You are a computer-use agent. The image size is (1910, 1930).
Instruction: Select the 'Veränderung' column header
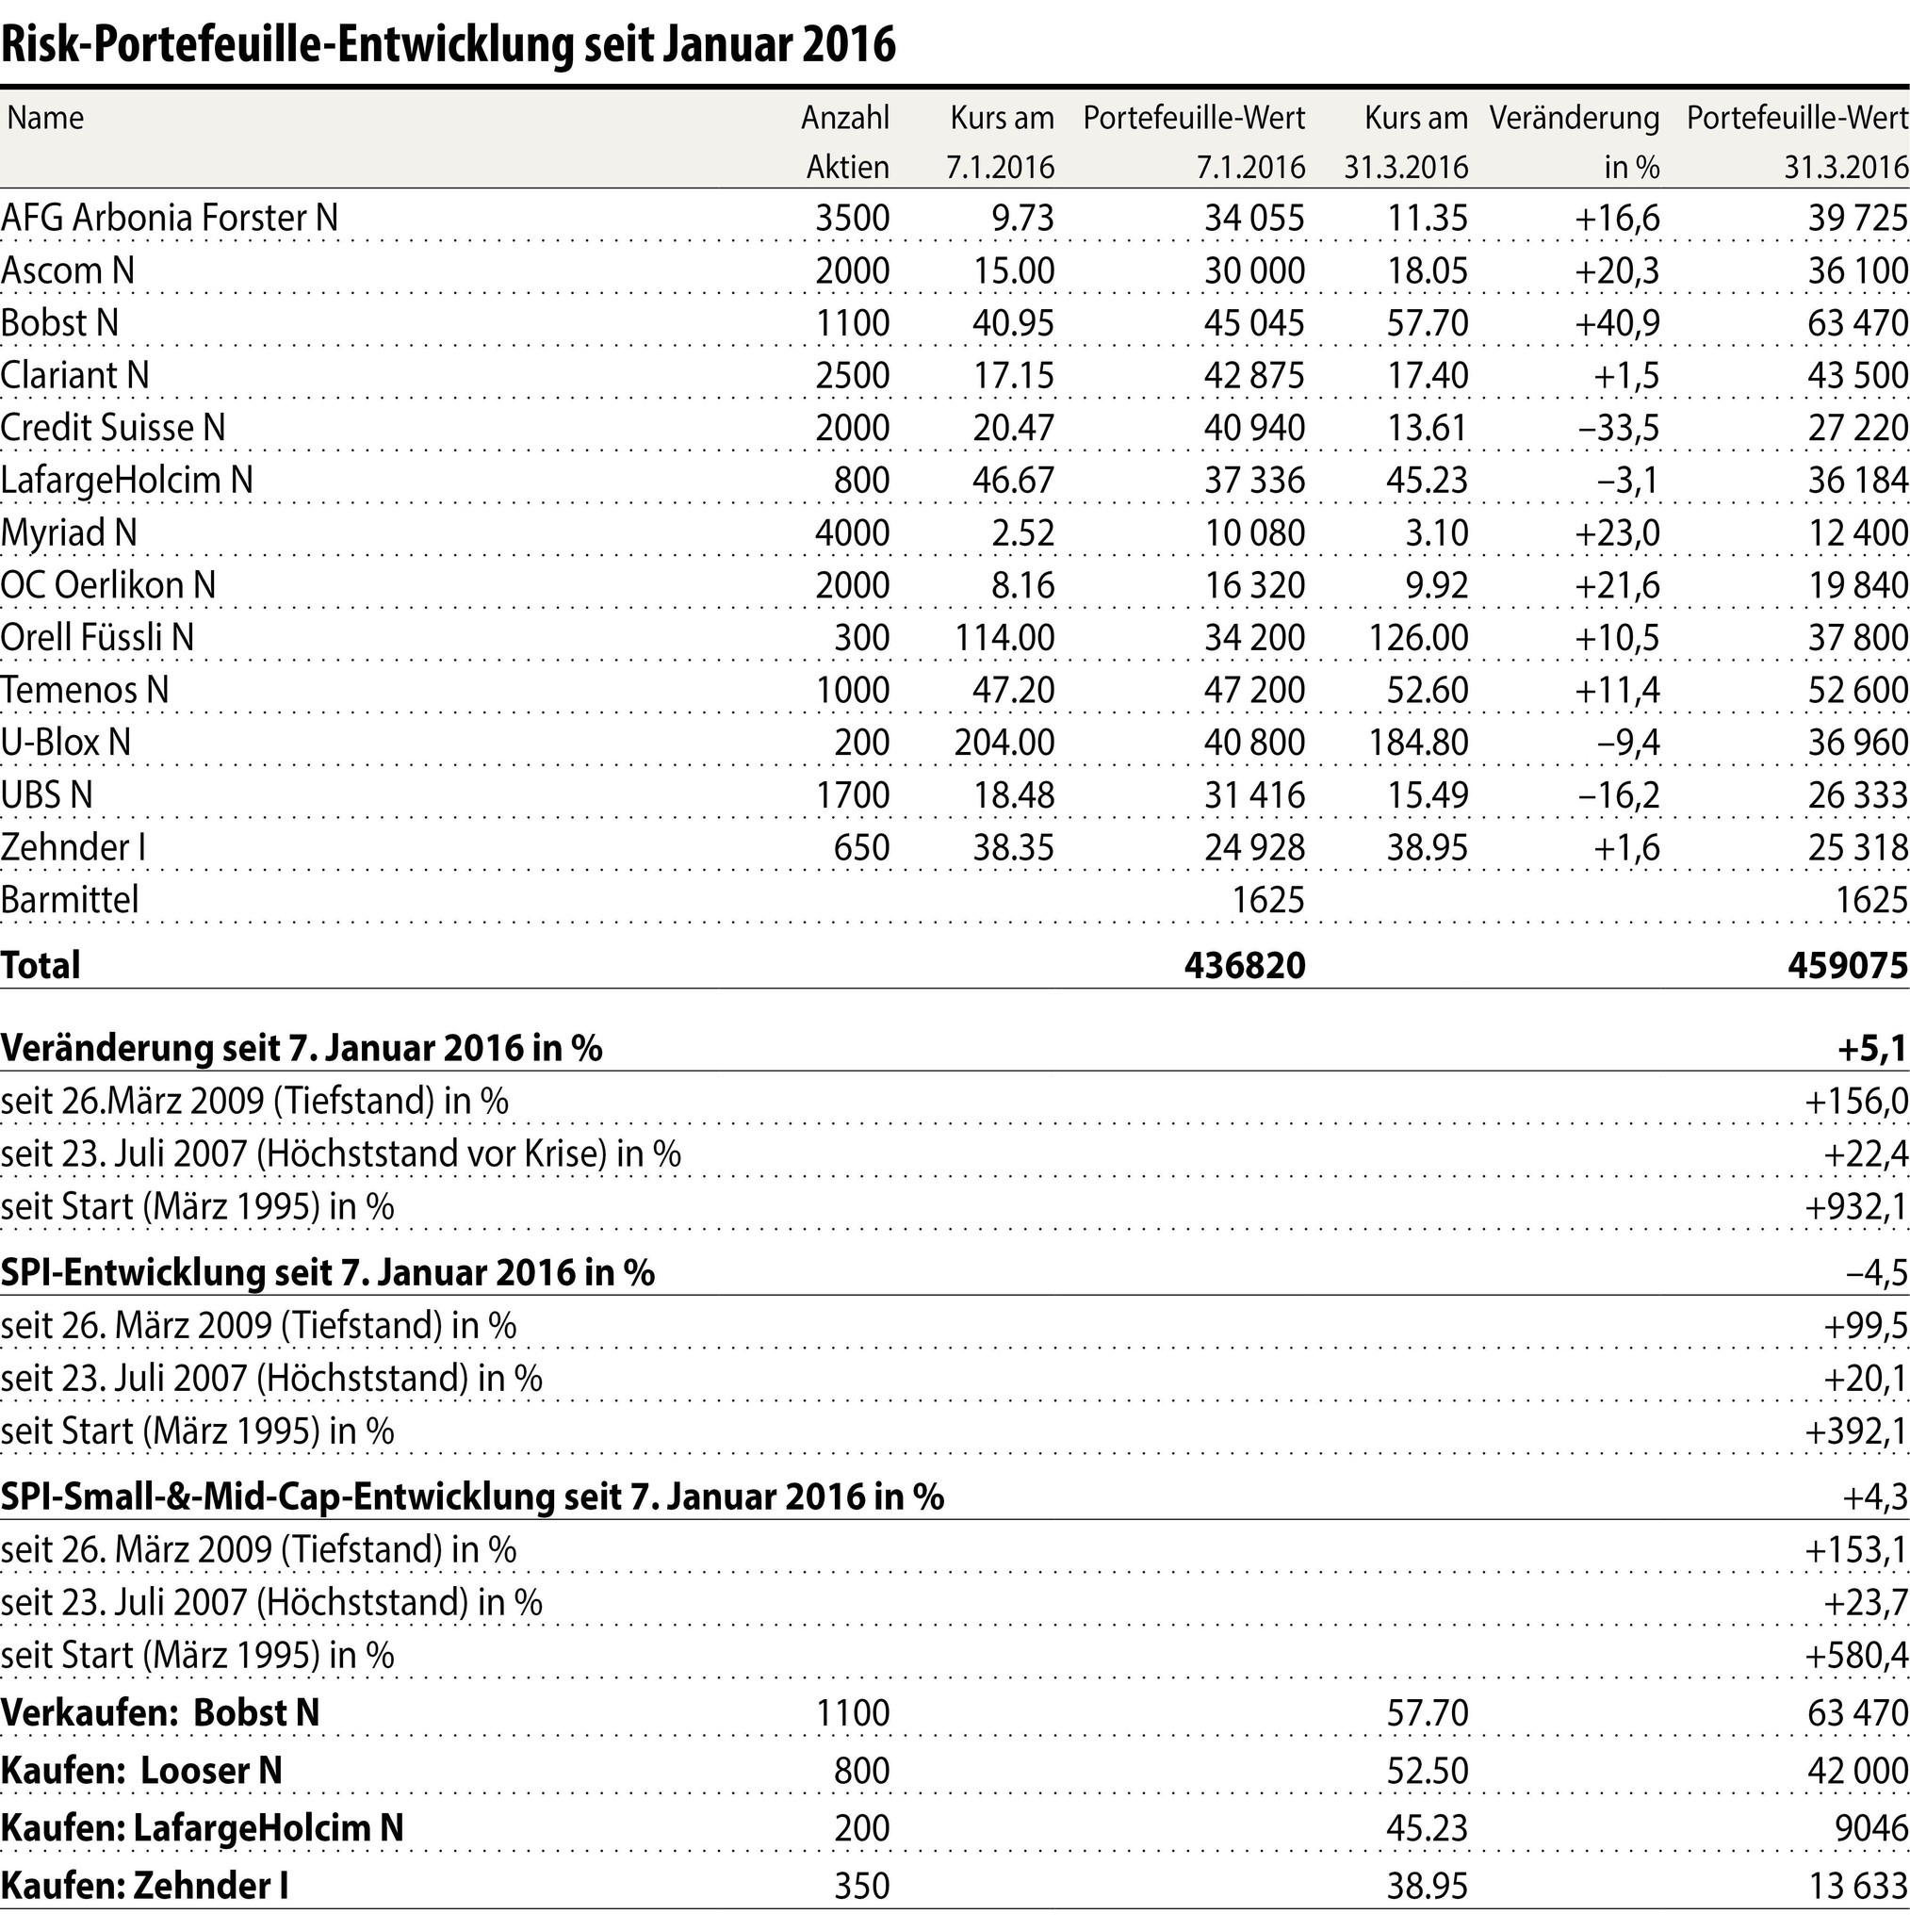tap(1574, 119)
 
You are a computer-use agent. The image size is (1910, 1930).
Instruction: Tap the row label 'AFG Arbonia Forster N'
tap(170, 218)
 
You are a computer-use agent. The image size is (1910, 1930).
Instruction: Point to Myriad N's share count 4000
tap(852, 532)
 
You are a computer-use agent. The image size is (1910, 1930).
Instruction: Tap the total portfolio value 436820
tap(1244, 965)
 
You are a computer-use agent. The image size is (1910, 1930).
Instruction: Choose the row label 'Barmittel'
tap(70, 900)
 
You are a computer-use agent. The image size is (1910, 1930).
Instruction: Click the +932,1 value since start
tap(1856, 1207)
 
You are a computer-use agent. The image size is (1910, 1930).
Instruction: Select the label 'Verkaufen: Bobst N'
tap(161, 1712)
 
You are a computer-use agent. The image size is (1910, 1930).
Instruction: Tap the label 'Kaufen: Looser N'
tap(142, 1770)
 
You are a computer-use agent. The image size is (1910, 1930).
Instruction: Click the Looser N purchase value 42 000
tap(1857, 1770)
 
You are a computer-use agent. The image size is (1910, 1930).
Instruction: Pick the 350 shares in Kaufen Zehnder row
tap(861, 1885)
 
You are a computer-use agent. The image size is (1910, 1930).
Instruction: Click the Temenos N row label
tap(85, 690)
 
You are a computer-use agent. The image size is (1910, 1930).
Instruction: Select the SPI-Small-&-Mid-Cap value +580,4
tap(1856, 1655)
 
